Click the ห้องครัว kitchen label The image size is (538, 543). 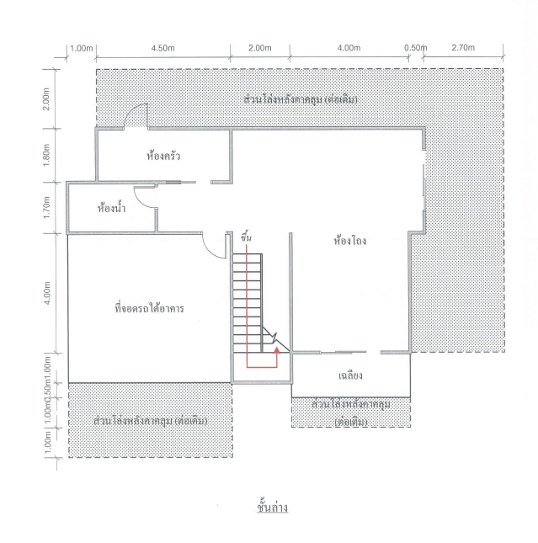(163, 156)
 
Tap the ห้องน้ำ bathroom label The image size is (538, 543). (111, 209)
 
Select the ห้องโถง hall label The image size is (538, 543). (350, 240)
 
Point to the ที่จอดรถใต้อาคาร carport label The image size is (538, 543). (149, 308)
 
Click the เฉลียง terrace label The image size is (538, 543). (350, 375)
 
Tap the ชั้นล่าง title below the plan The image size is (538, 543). (272, 507)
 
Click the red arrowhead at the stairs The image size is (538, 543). (277, 350)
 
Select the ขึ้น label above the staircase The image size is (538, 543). (246, 238)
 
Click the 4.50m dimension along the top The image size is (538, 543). (162, 48)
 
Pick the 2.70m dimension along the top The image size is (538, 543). (463, 47)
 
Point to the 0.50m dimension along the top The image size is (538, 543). (415, 48)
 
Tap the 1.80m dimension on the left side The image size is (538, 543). (47, 155)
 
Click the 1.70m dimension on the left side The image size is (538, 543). (47, 207)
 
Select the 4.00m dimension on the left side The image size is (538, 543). (47, 293)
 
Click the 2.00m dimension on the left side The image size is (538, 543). (47, 98)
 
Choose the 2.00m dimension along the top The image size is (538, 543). (260, 48)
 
